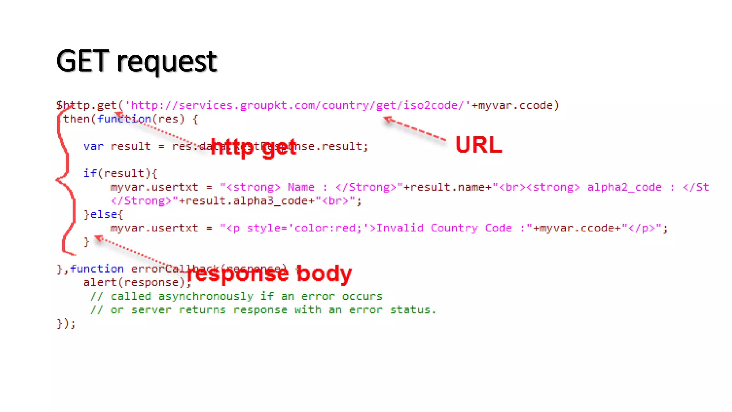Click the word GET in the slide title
tap(82, 62)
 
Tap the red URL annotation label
tap(479, 145)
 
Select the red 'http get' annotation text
tap(253, 147)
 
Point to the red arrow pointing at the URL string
tap(415, 129)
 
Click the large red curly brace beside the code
tap(66, 179)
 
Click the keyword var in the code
tap(93, 146)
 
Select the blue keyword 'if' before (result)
tap(90, 173)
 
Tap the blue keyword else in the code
tap(103, 215)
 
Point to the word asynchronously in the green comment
tap(206, 296)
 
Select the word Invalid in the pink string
tap(400, 228)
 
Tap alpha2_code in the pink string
tap(624, 187)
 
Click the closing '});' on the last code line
tap(66, 324)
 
